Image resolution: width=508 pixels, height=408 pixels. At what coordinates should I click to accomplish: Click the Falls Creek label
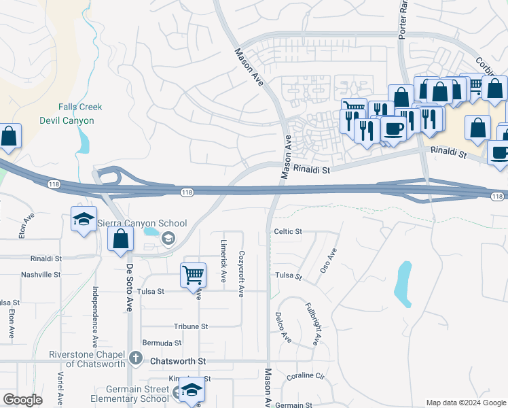80,107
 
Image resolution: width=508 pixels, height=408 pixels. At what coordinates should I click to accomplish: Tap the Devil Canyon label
67,120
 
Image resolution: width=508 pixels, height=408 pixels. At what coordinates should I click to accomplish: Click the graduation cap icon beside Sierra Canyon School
84,220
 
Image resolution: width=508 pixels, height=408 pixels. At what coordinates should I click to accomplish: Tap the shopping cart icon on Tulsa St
193,275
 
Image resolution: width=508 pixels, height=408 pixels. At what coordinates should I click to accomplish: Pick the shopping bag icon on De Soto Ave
120,239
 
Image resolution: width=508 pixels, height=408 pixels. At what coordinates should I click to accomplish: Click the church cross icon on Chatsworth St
135,357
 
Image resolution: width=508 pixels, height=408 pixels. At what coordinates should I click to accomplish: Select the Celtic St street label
287,232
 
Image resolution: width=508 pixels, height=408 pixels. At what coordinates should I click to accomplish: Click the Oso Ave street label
329,260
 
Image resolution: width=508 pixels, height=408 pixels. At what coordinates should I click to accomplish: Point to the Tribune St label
190,326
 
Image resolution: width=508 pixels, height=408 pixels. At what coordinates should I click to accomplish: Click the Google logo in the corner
22,400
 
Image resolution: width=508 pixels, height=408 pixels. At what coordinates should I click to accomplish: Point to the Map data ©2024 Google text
465,403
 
